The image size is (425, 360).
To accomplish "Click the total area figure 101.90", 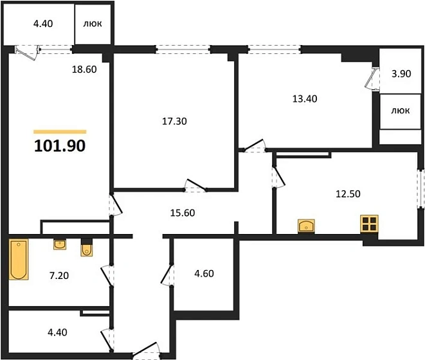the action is tap(60, 145).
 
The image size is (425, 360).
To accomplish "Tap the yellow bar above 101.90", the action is tap(60, 132).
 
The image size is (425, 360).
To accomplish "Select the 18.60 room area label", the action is tap(84, 69).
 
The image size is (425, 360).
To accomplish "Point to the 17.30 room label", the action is tap(174, 121).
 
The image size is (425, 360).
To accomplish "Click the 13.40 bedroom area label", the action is tap(305, 98).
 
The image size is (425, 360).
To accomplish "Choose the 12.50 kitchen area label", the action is tap(348, 194).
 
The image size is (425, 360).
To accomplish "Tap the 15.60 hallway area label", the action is tap(183, 213).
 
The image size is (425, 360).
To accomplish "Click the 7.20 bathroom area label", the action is tap(59, 276).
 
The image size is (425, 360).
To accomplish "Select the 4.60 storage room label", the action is tap(204, 273).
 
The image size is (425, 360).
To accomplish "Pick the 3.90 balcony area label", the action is tap(401, 74).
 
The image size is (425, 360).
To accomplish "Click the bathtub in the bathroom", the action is tap(19, 259).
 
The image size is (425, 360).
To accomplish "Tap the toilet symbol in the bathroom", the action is tap(87, 248).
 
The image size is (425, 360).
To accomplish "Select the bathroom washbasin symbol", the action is tap(60, 244).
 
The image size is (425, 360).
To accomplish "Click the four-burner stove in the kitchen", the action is tap(369, 224).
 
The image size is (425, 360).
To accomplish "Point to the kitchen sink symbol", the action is tap(306, 226).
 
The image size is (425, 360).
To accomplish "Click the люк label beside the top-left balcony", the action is tap(93, 24).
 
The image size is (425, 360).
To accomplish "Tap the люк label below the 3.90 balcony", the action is tap(401, 111).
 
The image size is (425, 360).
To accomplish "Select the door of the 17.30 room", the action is tap(195, 185).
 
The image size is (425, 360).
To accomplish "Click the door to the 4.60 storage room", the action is tap(167, 274).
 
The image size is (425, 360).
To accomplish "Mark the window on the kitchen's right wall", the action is tap(420, 189).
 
